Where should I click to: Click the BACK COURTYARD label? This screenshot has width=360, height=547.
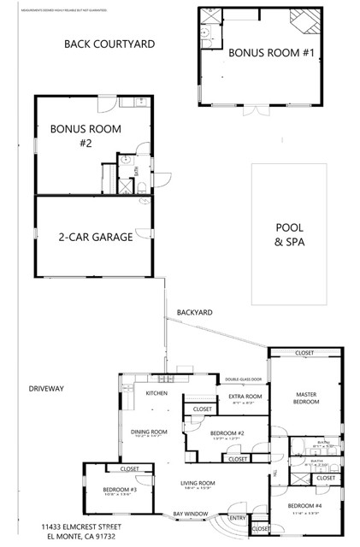[109, 42]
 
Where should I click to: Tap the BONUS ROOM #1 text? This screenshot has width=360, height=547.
[260, 53]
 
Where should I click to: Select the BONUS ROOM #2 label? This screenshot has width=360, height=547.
[86, 136]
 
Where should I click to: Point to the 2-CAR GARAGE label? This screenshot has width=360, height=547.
[95, 237]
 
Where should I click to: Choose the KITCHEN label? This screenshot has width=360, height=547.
[156, 393]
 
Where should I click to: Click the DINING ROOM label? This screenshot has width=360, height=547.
[148, 432]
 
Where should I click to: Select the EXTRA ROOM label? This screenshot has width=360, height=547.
[244, 397]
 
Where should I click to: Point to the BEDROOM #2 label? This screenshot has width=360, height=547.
[227, 433]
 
